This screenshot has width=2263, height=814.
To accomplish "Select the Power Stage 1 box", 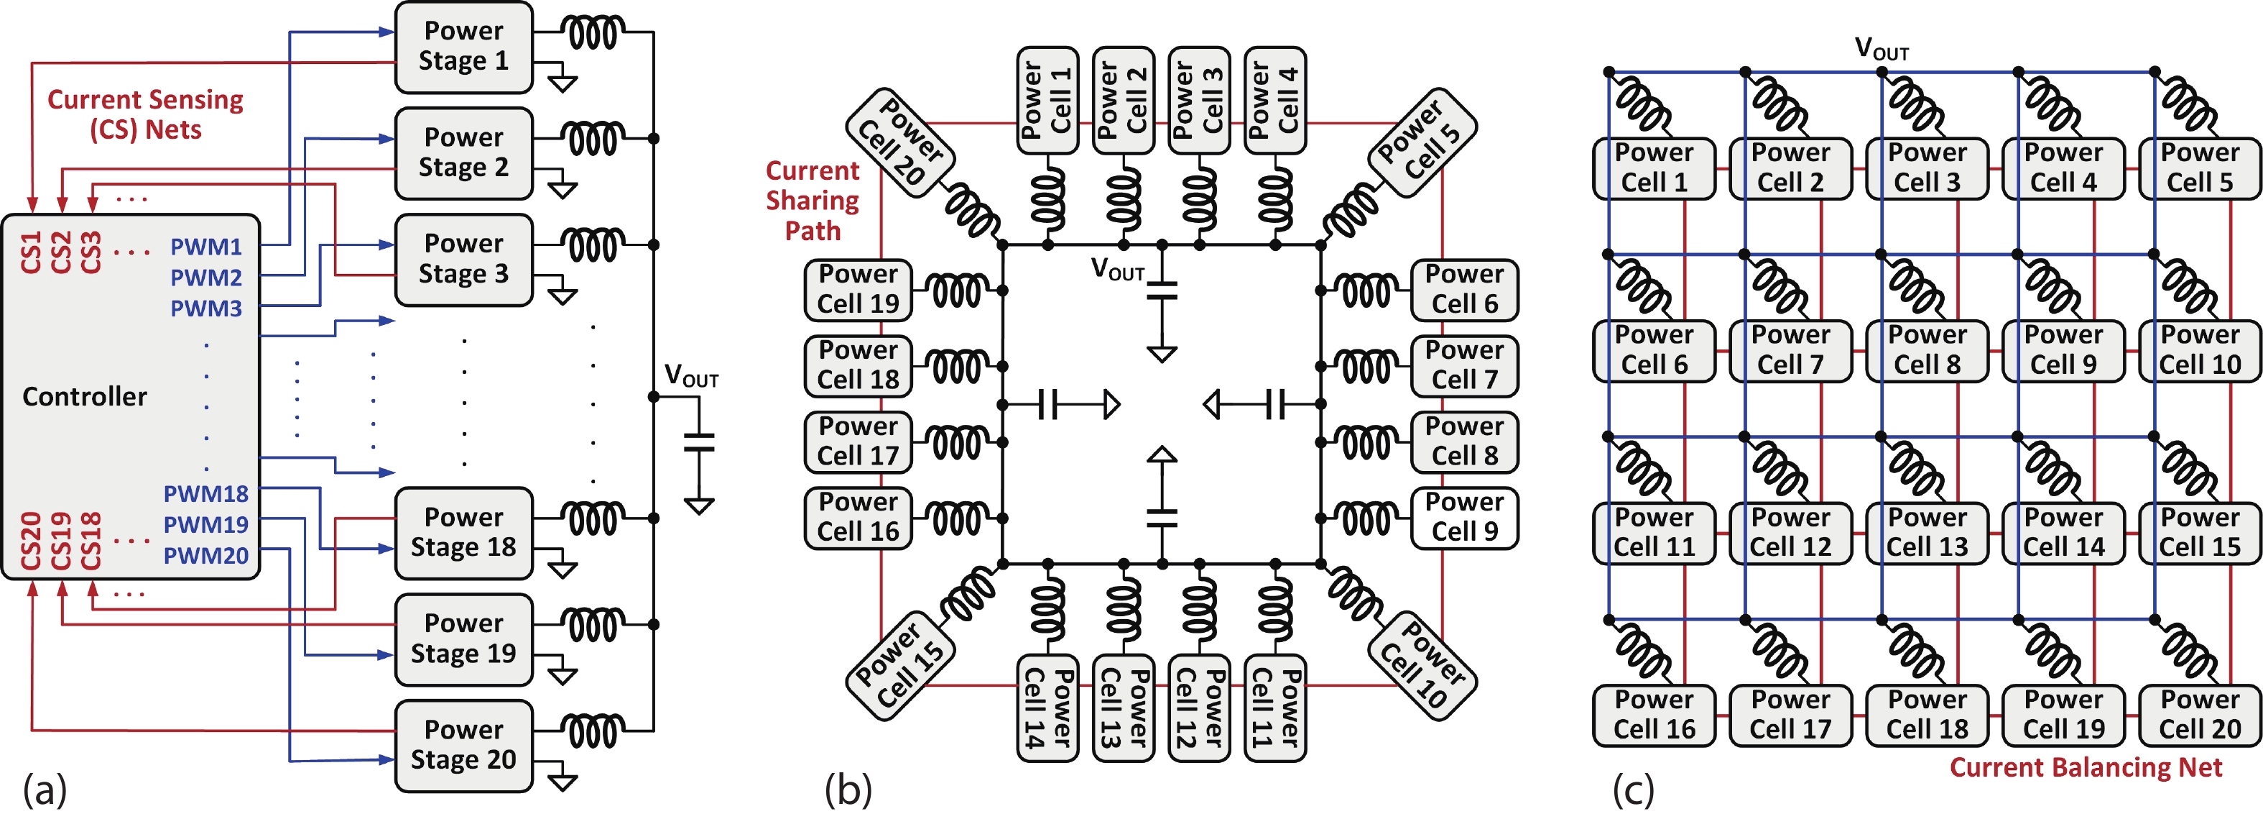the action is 464,47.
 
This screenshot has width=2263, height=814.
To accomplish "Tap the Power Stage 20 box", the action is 464,746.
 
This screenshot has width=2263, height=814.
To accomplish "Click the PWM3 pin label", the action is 205,308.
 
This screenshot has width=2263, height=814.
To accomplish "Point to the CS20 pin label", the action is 31,540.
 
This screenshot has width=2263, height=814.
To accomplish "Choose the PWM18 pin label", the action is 205,493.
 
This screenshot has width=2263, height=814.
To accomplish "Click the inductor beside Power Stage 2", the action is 594,139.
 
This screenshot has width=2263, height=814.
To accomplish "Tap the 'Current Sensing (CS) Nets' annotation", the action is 145,114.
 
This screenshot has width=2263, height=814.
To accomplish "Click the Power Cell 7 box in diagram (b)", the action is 1464,365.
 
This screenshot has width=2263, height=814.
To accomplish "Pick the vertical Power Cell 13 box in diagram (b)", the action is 1124,708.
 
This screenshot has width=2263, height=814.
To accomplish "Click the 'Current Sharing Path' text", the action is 813,201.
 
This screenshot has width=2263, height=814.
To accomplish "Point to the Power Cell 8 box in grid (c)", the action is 1927,350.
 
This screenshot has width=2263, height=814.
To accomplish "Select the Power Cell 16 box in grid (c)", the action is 1653,715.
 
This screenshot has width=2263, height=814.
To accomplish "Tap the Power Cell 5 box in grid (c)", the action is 2200,168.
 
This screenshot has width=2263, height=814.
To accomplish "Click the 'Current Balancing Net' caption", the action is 2086,767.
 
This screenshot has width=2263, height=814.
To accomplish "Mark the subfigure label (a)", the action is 45,789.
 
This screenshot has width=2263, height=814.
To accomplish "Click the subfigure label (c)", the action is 1633,789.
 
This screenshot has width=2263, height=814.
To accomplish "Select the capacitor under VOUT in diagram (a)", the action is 699,442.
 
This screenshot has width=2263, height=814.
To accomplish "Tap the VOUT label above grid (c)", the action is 1881,48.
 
